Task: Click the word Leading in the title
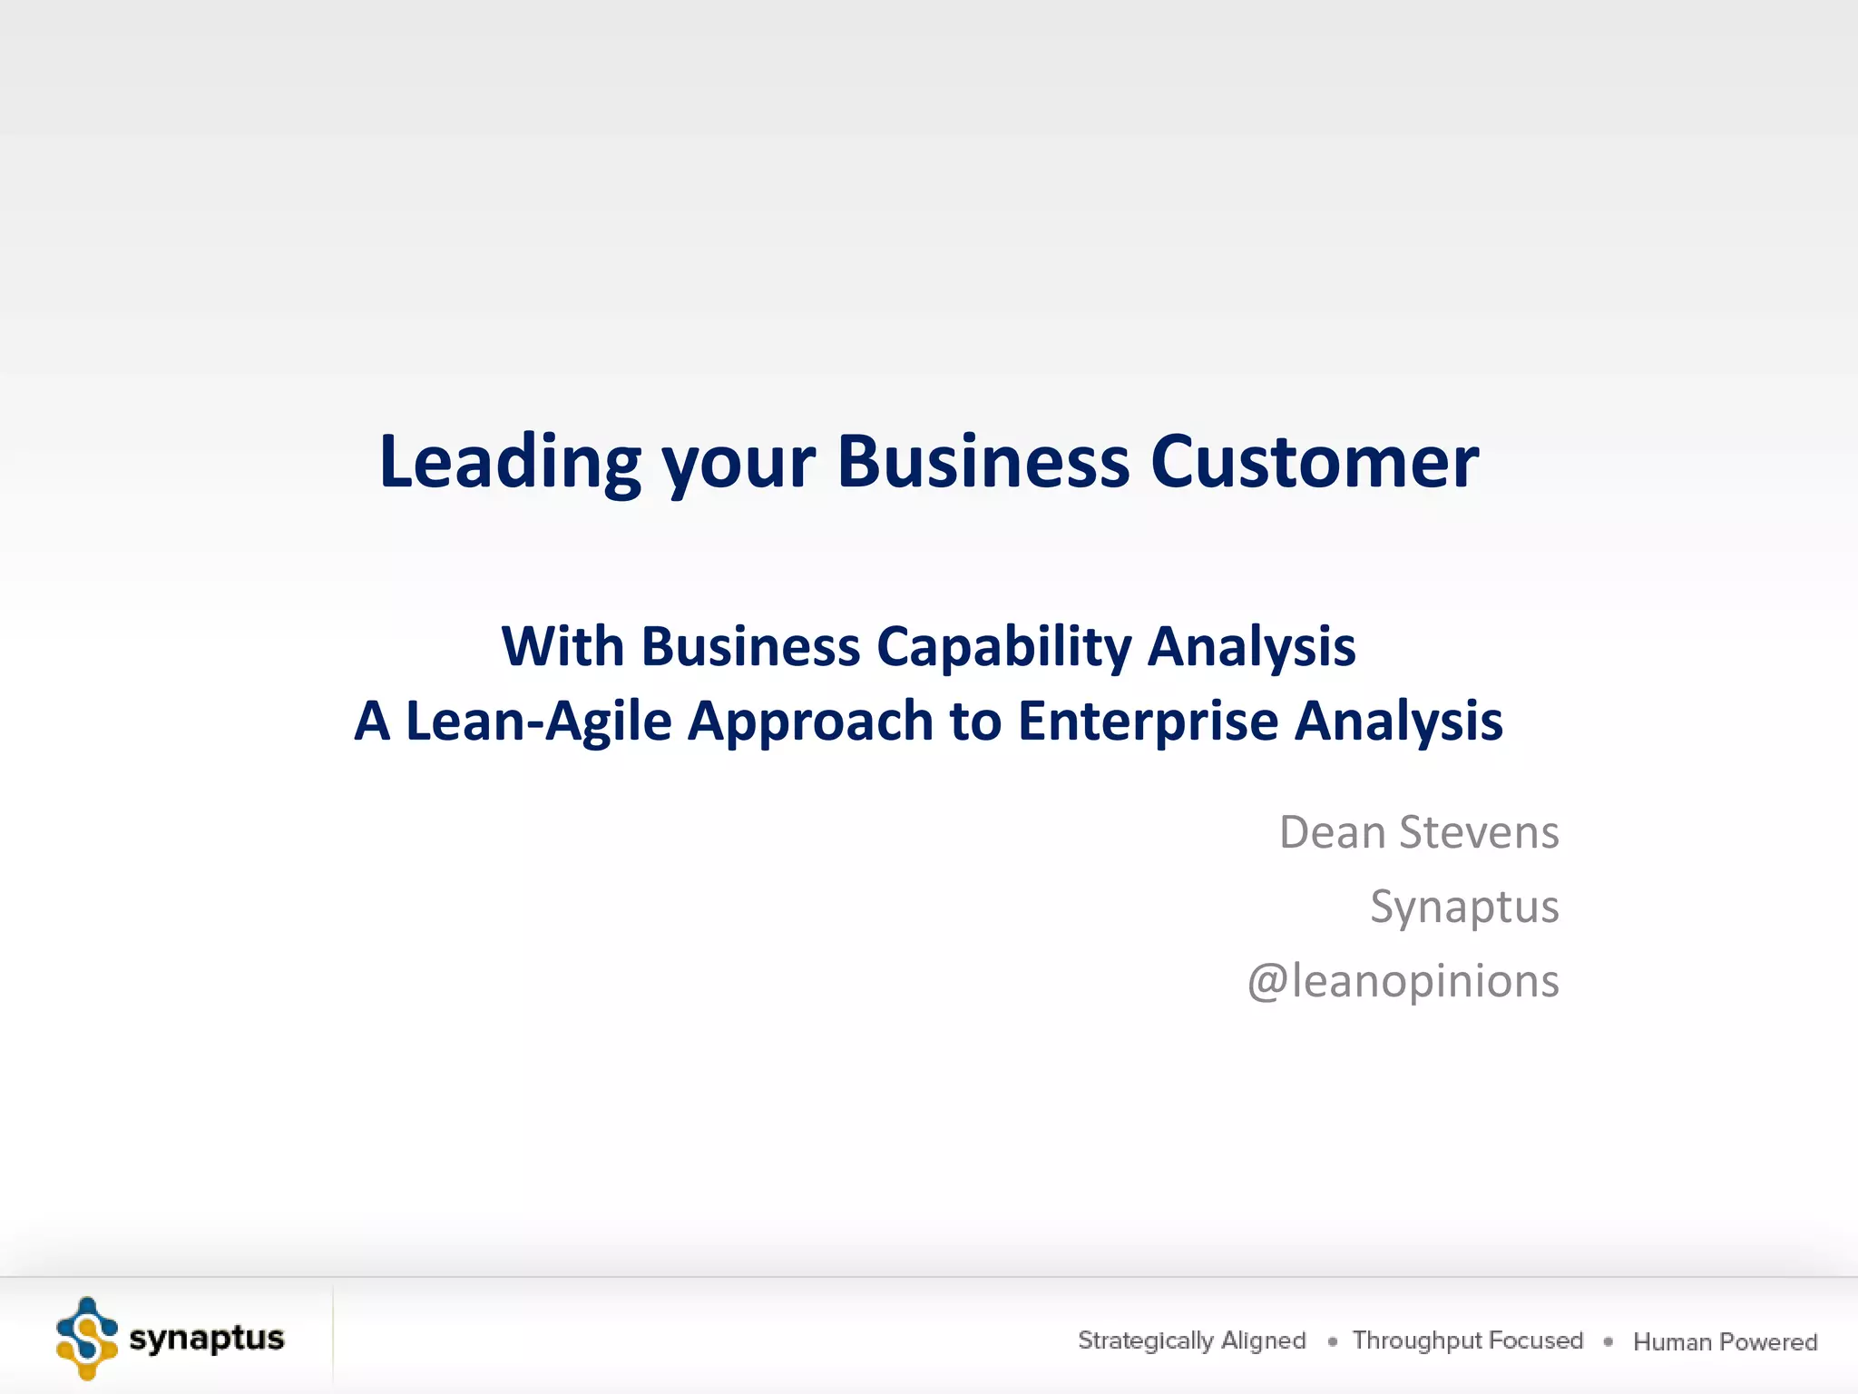click(510, 463)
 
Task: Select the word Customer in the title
click(1315, 463)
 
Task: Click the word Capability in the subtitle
click(1004, 648)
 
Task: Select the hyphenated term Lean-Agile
click(538, 722)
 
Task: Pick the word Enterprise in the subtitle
click(1148, 722)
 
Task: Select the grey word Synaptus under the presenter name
click(1464, 908)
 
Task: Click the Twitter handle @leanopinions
click(1403, 982)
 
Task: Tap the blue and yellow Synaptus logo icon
click(87, 1339)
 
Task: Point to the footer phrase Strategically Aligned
click(1191, 1340)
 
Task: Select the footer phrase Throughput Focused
click(1467, 1340)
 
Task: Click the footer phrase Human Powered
click(1725, 1342)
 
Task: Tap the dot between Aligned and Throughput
click(1332, 1341)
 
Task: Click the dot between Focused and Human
click(1608, 1341)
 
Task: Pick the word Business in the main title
click(983, 463)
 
